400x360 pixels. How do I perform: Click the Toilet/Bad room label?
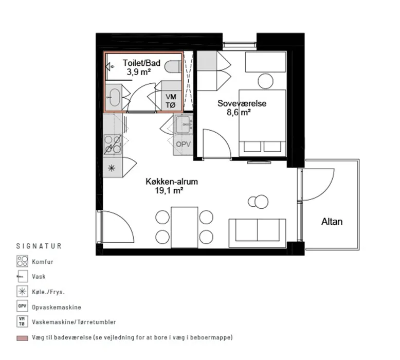click(141, 63)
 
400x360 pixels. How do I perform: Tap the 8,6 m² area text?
click(239, 112)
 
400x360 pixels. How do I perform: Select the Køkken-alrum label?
click(172, 182)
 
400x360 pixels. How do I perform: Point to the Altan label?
click(332, 222)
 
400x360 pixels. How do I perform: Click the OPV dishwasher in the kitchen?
click(183, 145)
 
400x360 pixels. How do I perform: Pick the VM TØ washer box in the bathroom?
click(171, 100)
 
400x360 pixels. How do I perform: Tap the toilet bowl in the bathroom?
click(173, 67)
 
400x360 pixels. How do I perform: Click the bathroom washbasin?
click(114, 98)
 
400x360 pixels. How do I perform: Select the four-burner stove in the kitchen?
click(113, 145)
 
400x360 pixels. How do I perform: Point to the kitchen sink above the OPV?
click(184, 124)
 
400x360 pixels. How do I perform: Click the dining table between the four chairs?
click(185, 227)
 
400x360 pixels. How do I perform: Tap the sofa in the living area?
click(257, 233)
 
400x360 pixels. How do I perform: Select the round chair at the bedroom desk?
click(266, 81)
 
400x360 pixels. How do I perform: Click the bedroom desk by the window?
click(265, 62)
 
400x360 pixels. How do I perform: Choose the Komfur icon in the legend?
click(22, 261)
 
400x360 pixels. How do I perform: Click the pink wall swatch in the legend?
click(23, 338)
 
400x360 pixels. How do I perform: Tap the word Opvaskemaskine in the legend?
click(57, 307)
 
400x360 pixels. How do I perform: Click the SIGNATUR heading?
click(39, 246)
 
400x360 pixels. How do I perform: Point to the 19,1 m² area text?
click(169, 190)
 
